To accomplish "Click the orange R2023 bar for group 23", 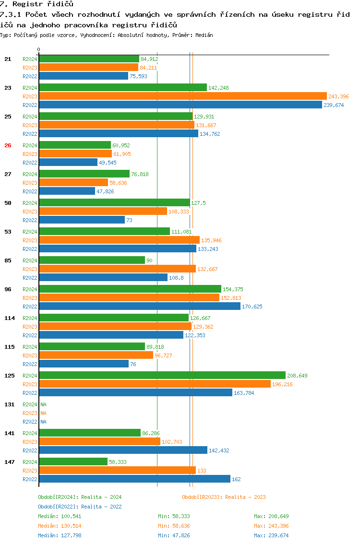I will click(x=182, y=96).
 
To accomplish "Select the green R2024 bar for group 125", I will click(x=162, y=376).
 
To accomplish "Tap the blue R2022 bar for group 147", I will click(x=134, y=479).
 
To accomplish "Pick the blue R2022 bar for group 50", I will click(x=82, y=220).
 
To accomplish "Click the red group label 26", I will click(x=8, y=145).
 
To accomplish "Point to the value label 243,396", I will click(x=338, y=96).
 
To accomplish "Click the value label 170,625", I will click(x=252, y=307).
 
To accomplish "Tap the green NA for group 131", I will click(x=43, y=404).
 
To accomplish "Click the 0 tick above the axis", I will click(x=38, y=50).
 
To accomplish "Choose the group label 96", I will click(x=8, y=289).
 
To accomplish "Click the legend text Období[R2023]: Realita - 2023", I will click(x=224, y=497).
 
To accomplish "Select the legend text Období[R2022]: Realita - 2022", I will click(x=80, y=507).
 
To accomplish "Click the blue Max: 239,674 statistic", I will click(x=271, y=535).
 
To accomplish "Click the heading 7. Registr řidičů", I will click(x=36, y=4).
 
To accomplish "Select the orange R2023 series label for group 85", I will click(x=30, y=269).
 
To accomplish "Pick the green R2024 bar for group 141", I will click(x=90, y=433).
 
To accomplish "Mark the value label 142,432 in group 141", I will click(x=219, y=450).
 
